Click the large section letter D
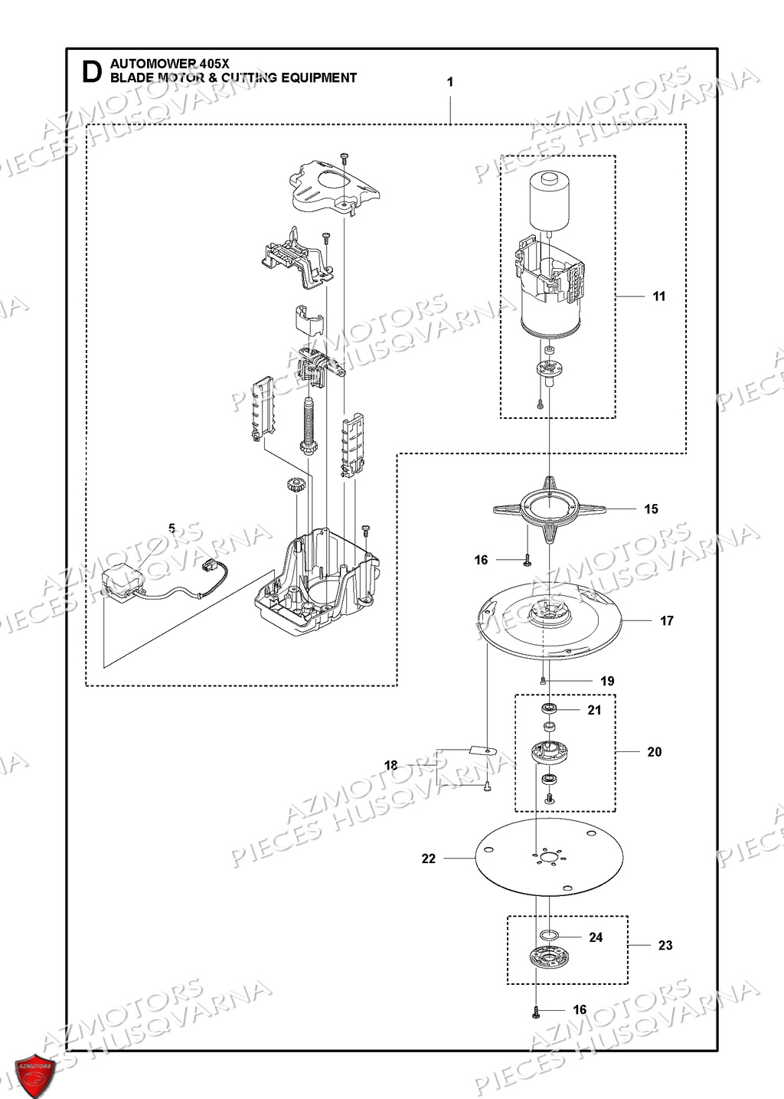pyautogui.click(x=91, y=72)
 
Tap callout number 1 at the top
pyautogui.click(x=450, y=82)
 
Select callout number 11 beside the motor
pyautogui.click(x=659, y=296)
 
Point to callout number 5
pyautogui.click(x=171, y=528)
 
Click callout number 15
pyautogui.click(x=651, y=509)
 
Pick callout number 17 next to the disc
pyautogui.click(x=667, y=621)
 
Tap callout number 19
pyautogui.click(x=607, y=681)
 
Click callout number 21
pyautogui.click(x=595, y=710)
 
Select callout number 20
pyautogui.click(x=655, y=752)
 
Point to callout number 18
pyautogui.click(x=391, y=765)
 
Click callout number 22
pyautogui.click(x=429, y=859)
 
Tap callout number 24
pyautogui.click(x=596, y=937)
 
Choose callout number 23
pyautogui.click(x=665, y=946)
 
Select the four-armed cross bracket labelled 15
pyautogui.click(x=549, y=509)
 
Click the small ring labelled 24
pyautogui.click(x=548, y=935)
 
